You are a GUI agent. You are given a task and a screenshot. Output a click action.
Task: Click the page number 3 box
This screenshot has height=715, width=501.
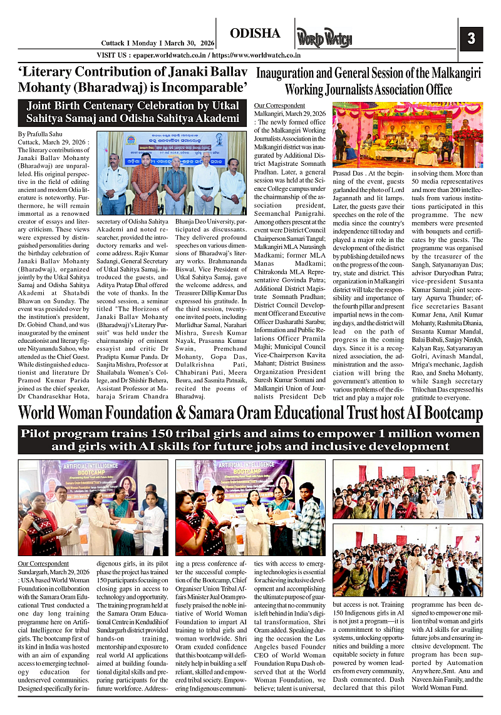472,38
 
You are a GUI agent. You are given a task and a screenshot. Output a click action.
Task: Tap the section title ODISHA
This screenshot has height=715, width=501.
255,33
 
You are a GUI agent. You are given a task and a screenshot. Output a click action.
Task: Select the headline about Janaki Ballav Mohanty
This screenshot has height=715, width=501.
133,79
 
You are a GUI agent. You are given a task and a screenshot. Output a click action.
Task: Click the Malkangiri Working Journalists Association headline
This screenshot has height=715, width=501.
368,81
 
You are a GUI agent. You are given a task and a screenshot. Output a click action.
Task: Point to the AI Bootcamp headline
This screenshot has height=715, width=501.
250,413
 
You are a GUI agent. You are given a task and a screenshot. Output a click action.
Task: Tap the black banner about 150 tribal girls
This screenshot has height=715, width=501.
250,439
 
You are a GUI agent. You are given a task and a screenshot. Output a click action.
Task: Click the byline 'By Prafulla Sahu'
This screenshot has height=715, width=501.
40,134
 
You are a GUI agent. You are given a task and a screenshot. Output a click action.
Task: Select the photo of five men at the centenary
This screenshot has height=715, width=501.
171,173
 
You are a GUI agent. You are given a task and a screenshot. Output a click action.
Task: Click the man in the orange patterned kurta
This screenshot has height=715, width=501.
145,181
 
